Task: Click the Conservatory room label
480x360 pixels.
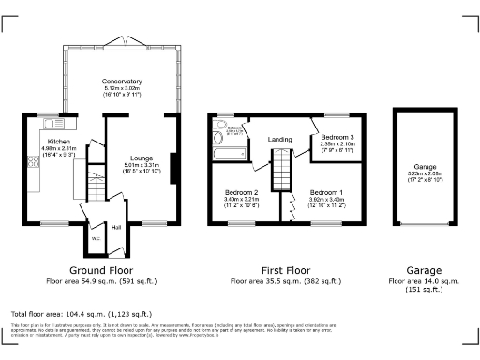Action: [x=123, y=82]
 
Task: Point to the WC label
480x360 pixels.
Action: [x=96, y=238]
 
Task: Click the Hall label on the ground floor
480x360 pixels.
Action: [x=117, y=227]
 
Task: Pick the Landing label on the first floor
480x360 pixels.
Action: [x=279, y=140]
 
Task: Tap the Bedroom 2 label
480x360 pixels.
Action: [x=242, y=191]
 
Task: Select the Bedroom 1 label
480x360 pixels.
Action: [x=327, y=191]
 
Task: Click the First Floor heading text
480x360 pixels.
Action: [x=281, y=267]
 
